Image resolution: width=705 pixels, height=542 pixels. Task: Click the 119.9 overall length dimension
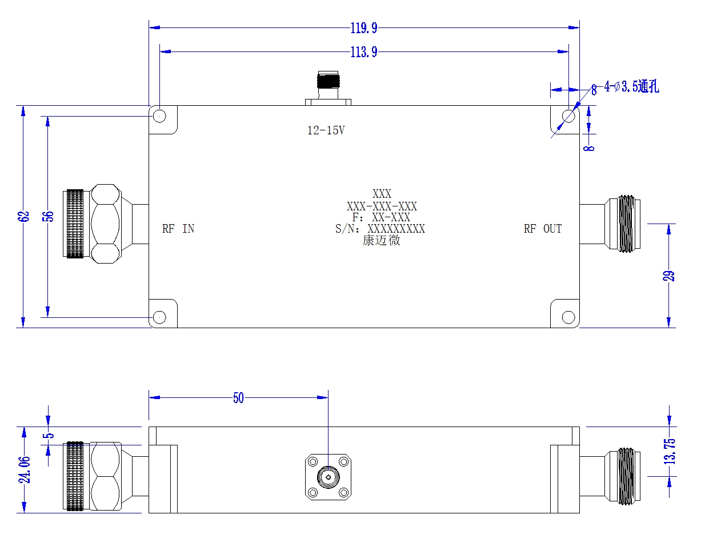click(364, 28)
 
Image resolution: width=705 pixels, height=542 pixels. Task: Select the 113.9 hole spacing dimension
click(364, 52)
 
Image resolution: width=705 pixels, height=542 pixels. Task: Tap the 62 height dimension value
click(23, 217)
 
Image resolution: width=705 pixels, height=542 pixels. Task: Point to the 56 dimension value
click(48, 217)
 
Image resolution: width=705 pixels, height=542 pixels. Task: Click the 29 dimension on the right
click(668, 276)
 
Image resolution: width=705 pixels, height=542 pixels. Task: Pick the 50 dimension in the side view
click(238, 398)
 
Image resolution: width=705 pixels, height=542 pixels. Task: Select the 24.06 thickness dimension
click(25, 470)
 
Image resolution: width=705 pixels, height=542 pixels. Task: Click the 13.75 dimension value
click(670, 452)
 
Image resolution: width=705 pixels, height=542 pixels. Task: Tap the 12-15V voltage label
click(326, 130)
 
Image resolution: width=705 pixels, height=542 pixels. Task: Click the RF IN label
click(178, 229)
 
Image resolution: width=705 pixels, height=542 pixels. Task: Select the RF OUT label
click(542, 229)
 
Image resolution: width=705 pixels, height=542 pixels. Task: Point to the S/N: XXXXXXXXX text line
click(380, 229)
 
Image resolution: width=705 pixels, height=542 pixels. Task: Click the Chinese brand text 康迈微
click(381, 241)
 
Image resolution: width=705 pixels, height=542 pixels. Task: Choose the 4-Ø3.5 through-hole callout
click(631, 87)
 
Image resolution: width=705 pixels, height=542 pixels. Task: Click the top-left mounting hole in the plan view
click(159, 116)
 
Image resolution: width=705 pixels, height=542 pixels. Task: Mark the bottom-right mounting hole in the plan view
click(568, 317)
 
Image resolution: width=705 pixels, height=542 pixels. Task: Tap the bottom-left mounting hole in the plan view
click(159, 317)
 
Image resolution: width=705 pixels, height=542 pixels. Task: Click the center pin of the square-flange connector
click(329, 477)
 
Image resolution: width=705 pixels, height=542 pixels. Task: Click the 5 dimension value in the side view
click(49, 436)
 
